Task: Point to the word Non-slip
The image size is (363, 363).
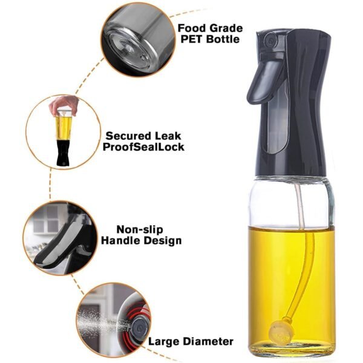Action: (x=139, y=229)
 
